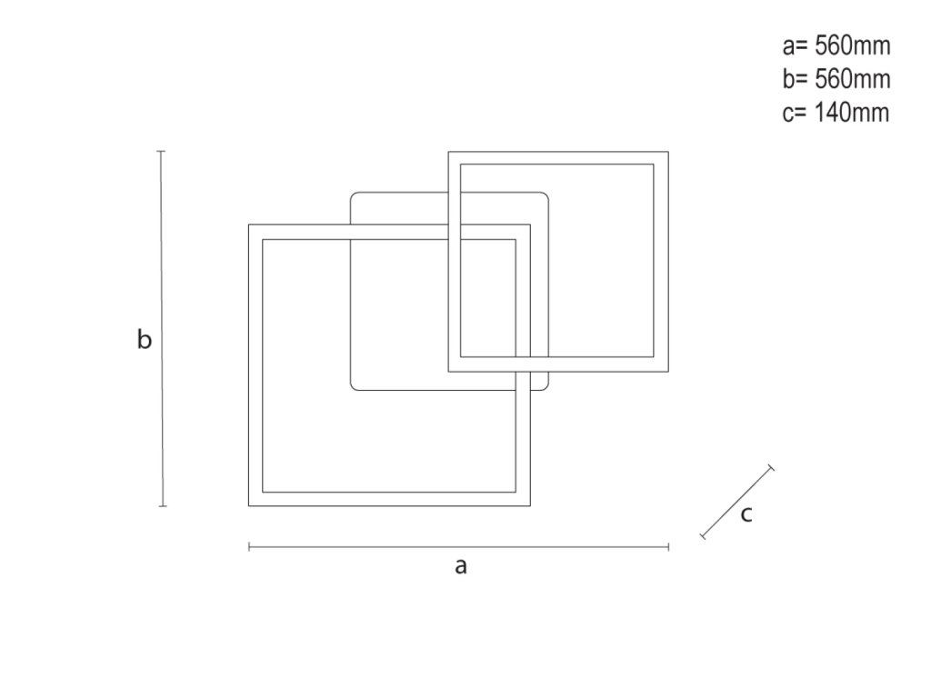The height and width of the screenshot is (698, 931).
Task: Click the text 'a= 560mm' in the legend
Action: click(836, 46)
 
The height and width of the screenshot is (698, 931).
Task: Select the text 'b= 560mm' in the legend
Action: click(836, 79)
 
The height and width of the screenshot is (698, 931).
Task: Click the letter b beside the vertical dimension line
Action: click(144, 341)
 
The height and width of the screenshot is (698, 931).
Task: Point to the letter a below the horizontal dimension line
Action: click(461, 566)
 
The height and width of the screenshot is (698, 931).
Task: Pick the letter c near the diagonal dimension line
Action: click(746, 514)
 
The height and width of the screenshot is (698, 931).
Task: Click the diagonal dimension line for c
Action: click(736, 503)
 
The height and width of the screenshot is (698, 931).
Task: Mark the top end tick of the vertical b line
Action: click(162, 151)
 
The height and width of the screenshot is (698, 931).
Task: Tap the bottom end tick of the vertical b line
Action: click(162, 506)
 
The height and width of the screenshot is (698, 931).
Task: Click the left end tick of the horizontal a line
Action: click(248, 546)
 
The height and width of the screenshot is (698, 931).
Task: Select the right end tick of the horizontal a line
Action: click(668, 546)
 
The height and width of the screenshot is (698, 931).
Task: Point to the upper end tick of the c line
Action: click(771, 467)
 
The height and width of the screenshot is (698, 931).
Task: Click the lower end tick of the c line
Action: click(702, 537)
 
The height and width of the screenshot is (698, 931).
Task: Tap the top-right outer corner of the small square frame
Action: click(668, 152)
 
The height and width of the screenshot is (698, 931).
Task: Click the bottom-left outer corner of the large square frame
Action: click(249, 505)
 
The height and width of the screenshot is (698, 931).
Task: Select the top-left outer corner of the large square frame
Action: click(249, 225)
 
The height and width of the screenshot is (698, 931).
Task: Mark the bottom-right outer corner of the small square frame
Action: click(668, 371)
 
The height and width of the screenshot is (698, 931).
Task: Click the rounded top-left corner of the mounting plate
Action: click(355, 195)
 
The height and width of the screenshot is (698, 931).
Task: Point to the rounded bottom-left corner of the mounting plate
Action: click(355, 388)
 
